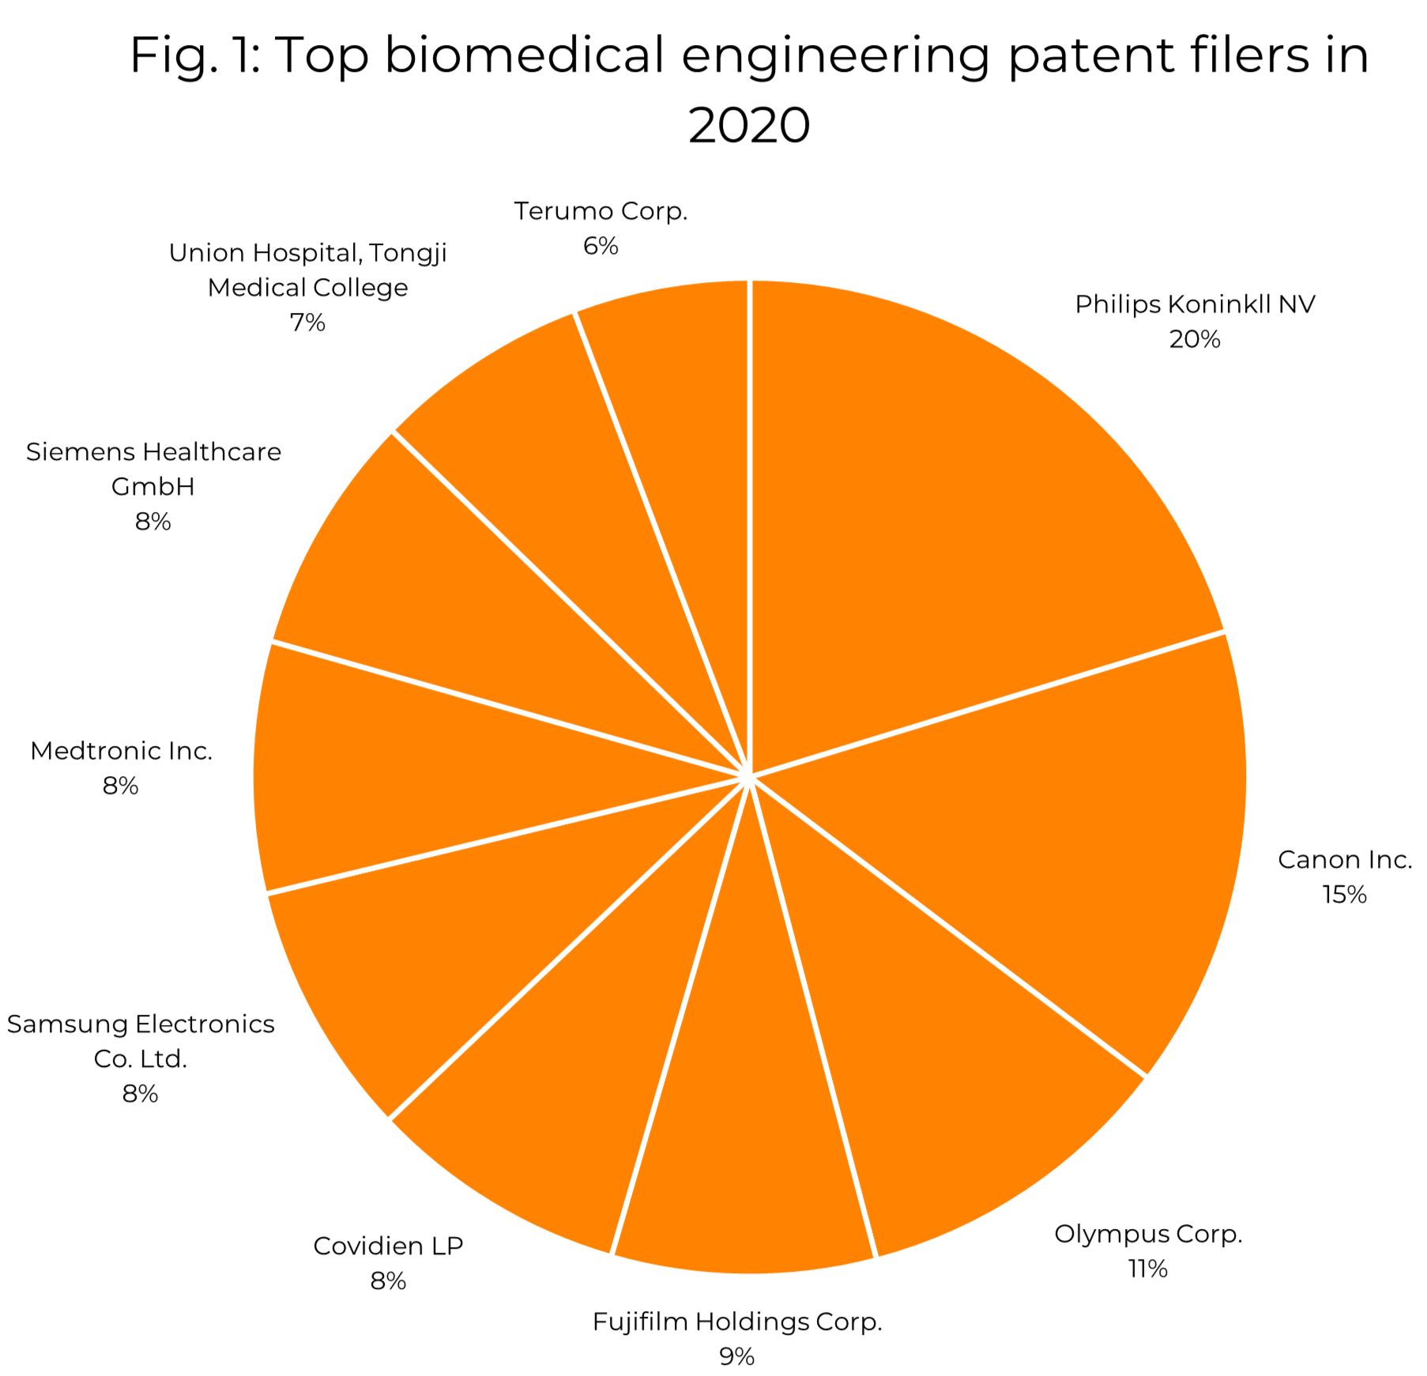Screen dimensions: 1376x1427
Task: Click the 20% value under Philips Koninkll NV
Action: [1195, 340]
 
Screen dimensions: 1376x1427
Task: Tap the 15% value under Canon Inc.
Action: [1344, 895]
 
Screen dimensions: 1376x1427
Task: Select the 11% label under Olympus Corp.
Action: [1147, 1269]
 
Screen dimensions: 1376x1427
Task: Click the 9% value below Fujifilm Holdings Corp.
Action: [736, 1356]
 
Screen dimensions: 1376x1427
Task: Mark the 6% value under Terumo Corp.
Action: [601, 247]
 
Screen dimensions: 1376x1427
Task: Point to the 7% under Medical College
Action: [307, 322]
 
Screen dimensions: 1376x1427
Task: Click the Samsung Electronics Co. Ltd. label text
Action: [141, 1041]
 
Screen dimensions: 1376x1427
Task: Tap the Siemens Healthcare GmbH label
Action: [153, 469]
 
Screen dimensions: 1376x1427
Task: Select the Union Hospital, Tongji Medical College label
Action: [307, 270]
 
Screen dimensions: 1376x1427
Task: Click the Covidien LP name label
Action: [388, 1246]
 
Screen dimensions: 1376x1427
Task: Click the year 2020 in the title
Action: [749, 126]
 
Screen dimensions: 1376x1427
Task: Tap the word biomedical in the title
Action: [524, 55]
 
